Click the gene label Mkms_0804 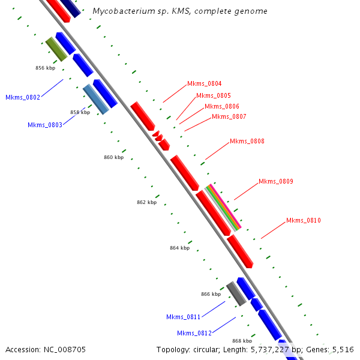(205, 84)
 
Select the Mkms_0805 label (213, 95)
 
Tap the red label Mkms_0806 (221, 106)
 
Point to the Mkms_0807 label (229, 116)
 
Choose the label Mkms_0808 (247, 142)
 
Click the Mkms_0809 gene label (275, 181)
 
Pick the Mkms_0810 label (303, 221)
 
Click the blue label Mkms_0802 (23, 97)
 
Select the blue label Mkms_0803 (45, 125)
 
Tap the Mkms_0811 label (183, 317)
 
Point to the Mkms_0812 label (194, 333)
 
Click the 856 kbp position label (45, 68)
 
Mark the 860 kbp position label (113, 157)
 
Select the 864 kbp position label (179, 248)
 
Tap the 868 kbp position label (242, 341)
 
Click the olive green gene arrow (56, 49)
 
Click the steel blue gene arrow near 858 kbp (96, 99)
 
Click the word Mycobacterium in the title (121, 11)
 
